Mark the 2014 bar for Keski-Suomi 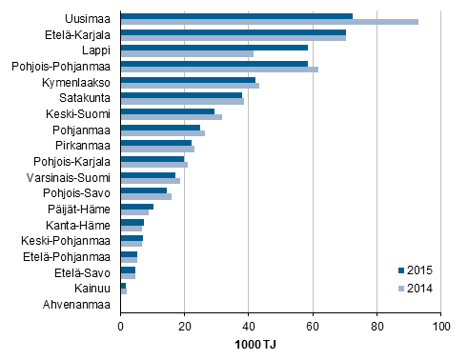pos(171,117)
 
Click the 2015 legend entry pos(420,270)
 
